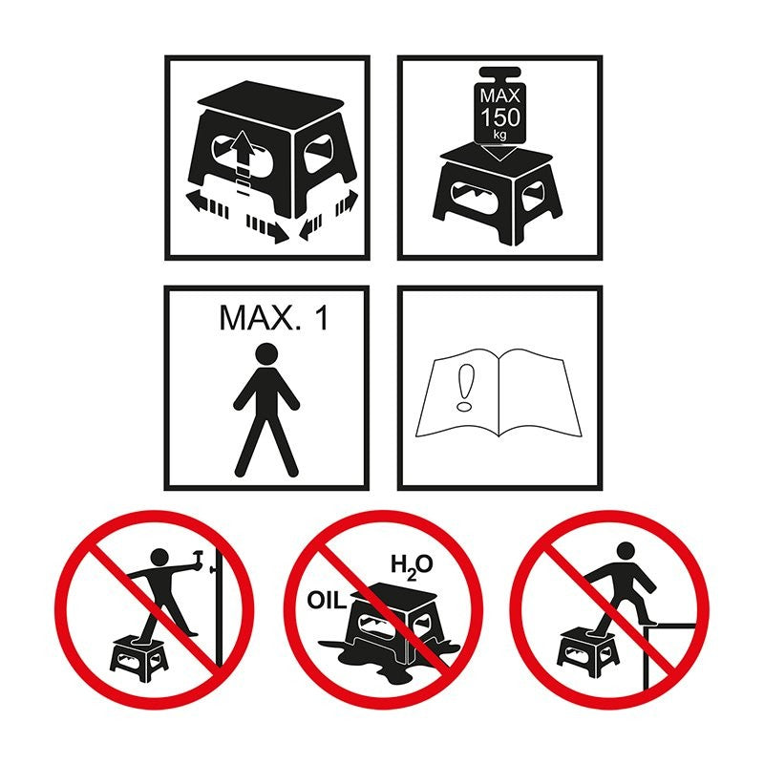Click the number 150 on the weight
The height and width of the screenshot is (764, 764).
click(x=500, y=117)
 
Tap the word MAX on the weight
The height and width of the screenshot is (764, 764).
click(x=499, y=95)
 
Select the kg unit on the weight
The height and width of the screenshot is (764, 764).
click(x=499, y=134)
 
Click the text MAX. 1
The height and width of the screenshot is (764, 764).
click(x=274, y=318)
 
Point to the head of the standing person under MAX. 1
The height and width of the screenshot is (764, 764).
click(x=266, y=354)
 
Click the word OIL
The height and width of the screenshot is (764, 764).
click(x=327, y=601)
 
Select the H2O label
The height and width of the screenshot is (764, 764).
click(x=412, y=566)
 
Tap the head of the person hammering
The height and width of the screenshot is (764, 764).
click(x=159, y=558)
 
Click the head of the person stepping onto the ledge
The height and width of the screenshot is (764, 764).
click(x=626, y=552)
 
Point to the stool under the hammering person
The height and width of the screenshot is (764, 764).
click(x=139, y=658)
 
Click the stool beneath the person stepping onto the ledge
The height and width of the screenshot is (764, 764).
click(x=587, y=652)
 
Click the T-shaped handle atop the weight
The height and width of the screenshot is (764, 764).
click(x=499, y=75)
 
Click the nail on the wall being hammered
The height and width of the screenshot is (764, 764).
click(x=213, y=569)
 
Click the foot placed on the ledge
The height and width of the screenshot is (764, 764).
click(x=648, y=622)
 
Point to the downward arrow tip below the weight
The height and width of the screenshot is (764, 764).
click(x=499, y=160)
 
